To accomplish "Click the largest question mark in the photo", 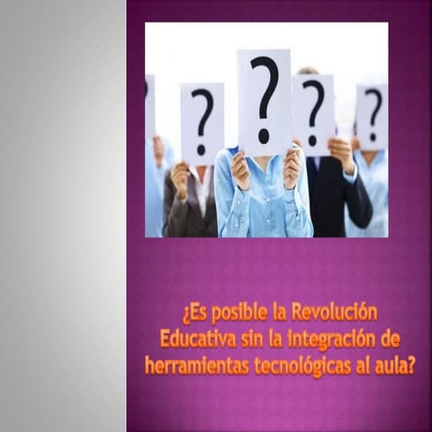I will (265, 98).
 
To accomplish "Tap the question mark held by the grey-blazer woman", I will (202, 121).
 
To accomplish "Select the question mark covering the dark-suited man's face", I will (313, 112).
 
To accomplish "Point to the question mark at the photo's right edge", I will (373, 114).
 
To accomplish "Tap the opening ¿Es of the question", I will (194, 314).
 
